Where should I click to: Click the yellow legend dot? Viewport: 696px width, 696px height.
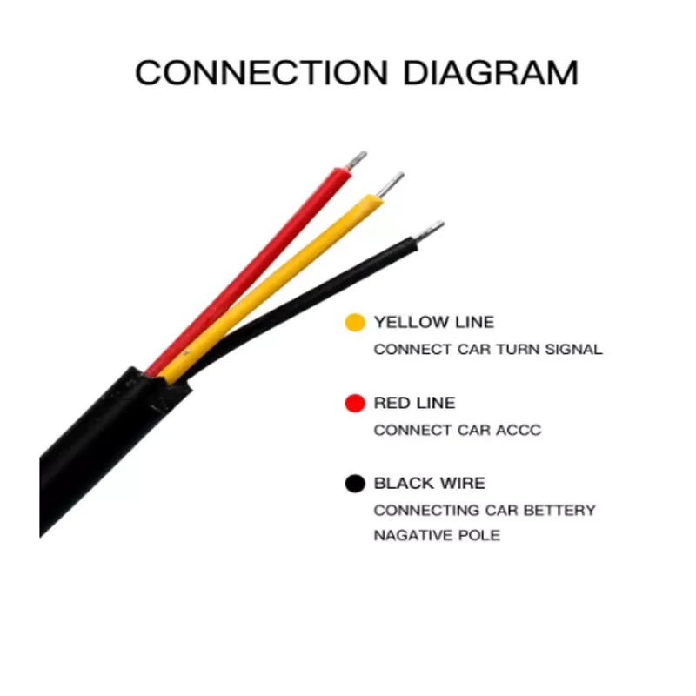tap(355, 323)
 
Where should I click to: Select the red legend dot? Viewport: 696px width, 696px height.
tap(355, 404)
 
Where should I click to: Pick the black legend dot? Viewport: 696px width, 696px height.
tap(355, 484)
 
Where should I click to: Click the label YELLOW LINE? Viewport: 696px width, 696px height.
tap(433, 323)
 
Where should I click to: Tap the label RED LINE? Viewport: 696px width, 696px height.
tap(414, 404)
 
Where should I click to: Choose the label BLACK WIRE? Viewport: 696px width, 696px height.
tap(429, 484)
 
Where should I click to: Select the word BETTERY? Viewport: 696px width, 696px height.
tap(561, 511)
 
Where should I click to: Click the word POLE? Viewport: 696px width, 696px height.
tap(481, 536)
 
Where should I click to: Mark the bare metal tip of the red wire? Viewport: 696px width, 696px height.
tap(356, 160)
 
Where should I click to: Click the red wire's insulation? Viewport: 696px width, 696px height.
tap(261, 252)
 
